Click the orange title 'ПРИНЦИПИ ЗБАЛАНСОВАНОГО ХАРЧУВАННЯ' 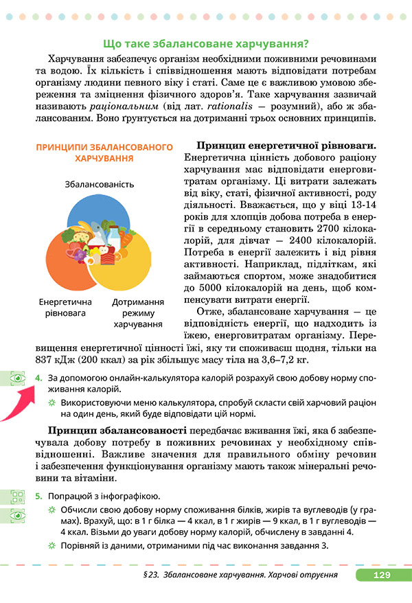point(104,152)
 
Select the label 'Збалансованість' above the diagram point(100,184)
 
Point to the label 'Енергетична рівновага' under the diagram point(62,307)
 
